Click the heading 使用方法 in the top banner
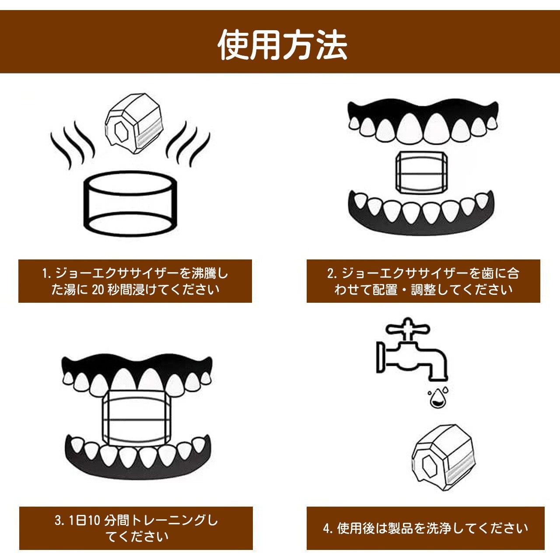click(x=283, y=45)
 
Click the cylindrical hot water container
click(x=130, y=204)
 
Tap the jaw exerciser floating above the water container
click(x=134, y=123)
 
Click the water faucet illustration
click(x=412, y=350)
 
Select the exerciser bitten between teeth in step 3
click(x=136, y=422)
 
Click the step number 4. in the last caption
click(x=328, y=528)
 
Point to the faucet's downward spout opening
click(x=438, y=379)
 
